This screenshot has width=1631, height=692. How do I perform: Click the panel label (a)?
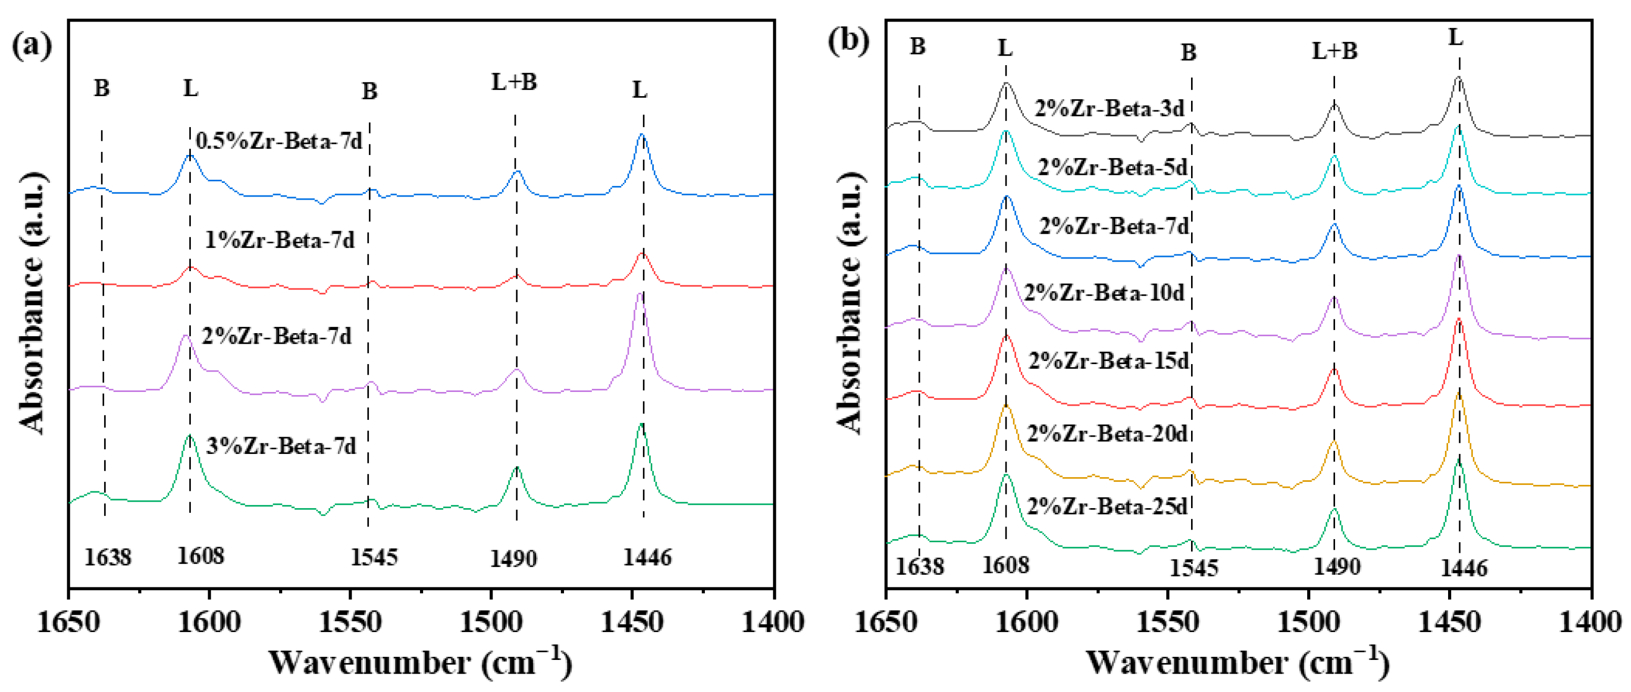[32, 46]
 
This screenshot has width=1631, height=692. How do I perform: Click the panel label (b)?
[848, 41]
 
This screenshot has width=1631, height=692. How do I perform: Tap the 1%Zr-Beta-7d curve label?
[279, 240]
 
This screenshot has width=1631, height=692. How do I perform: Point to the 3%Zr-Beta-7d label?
[281, 446]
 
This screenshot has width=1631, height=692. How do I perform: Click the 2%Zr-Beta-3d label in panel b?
[1109, 109]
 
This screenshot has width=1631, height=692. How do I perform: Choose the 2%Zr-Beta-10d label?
[1104, 293]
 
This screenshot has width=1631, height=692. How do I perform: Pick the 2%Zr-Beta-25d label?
[1107, 507]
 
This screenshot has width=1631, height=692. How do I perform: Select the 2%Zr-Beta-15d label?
[1109, 361]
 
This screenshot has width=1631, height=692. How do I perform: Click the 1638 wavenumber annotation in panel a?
[108, 558]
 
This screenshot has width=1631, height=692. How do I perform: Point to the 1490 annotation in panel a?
[514, 559]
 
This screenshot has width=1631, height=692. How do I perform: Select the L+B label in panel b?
[1334, 50]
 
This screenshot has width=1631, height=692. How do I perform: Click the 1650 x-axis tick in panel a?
[68, 622]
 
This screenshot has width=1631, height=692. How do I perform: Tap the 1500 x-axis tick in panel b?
[1308, 622]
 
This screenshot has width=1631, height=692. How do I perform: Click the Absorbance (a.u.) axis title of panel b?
[850, 303]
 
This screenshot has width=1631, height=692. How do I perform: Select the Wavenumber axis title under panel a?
[420, 663]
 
